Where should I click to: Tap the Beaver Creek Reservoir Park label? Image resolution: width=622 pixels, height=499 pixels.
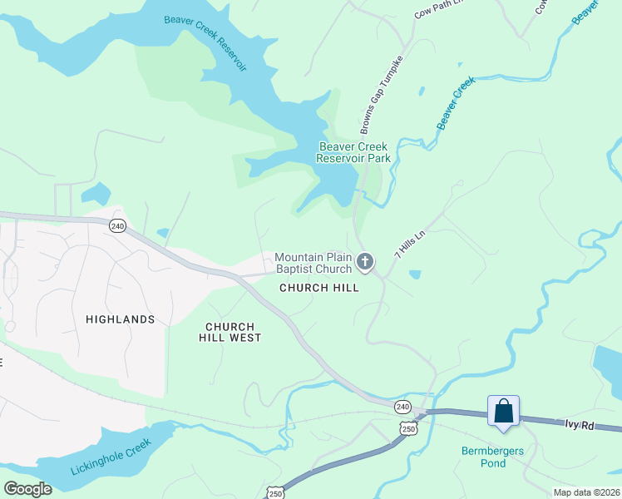point(354,152)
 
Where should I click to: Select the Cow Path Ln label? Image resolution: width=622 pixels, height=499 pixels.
point(437,9)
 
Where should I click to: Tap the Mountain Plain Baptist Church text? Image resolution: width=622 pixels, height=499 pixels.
point(313,263)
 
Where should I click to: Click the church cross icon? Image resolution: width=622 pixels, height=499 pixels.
point(364,263)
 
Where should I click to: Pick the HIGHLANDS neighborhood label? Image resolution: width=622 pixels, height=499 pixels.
point(120,319)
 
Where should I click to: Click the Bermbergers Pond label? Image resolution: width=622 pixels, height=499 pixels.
point(495,457)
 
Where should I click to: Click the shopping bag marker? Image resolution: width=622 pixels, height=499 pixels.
point(503,411)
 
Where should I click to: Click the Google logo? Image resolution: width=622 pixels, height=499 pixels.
point(27,488)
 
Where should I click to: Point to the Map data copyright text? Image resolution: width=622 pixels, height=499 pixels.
point(586,492)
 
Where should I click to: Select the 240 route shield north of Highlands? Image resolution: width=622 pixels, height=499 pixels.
point(117,226)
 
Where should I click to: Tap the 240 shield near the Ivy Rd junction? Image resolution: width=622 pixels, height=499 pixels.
point(402,406)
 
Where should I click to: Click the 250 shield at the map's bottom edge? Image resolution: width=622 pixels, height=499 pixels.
point(276,492)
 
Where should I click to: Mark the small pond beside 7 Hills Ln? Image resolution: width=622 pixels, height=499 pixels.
point(415,274)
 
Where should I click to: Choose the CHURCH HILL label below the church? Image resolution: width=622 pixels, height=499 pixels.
point(319,288)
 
